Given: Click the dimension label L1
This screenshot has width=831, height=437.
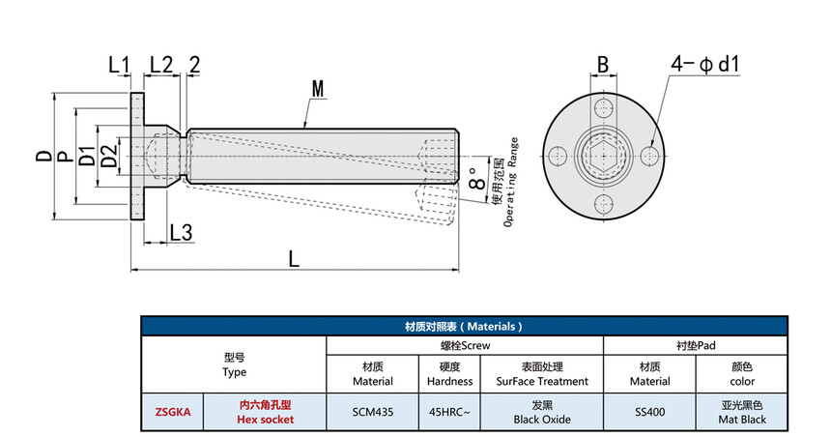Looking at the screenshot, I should click(119, 66).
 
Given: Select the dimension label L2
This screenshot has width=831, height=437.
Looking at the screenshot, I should click(159, 66).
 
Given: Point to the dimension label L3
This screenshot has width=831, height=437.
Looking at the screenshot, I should click(181, 233).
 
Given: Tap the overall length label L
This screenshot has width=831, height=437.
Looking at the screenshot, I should click(294, 259).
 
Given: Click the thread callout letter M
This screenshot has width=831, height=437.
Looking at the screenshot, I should click(317, 89).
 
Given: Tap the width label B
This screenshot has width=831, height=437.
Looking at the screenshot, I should click(603, 66).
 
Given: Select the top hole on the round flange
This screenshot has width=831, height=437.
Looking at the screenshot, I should click(605, 106).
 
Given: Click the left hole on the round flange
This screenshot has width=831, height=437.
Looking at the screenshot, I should click(557, 156).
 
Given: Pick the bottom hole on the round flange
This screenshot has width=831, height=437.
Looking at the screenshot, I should click(605, 204).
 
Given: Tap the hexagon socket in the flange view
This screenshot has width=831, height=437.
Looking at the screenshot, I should click(605, 156).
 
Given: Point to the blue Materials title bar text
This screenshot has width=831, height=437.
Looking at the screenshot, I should click(464, 327).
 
